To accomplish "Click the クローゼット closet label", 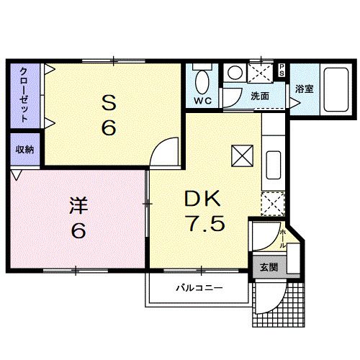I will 24,94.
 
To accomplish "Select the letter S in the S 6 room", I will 109,104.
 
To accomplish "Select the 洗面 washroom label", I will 259,96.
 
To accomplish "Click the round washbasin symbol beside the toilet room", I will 234,73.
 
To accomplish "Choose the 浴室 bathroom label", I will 304,89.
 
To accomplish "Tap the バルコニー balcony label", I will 199,288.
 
